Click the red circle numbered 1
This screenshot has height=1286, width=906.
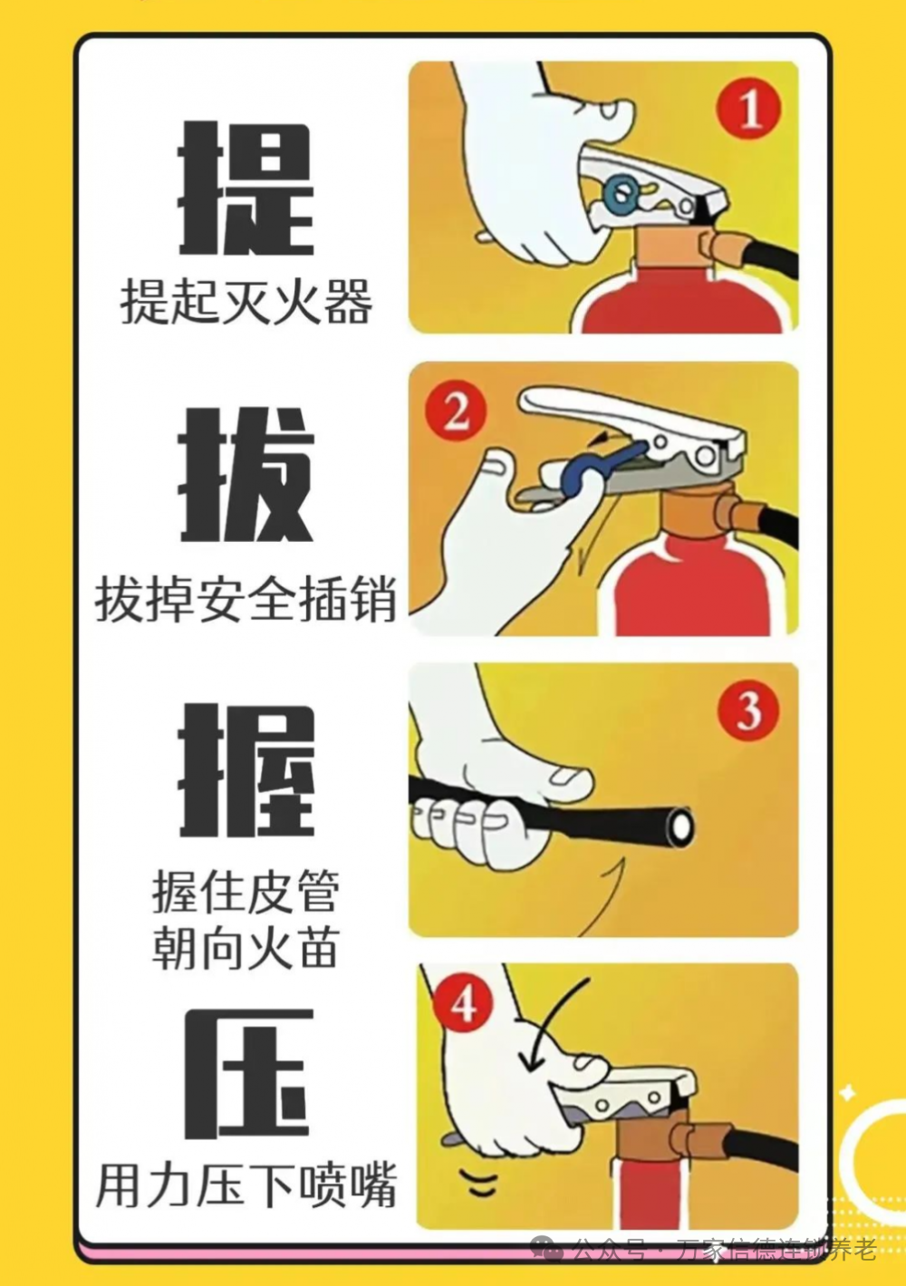point(749,110)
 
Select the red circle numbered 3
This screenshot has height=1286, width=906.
point(748,710)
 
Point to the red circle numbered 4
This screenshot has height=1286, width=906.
point(463,1005)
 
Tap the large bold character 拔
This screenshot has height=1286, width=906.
point(245,475)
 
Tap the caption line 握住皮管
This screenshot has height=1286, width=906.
point(246,892)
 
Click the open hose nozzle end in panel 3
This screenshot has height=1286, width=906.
point(679,825)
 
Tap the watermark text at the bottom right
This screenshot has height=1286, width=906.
point(716,1251)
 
